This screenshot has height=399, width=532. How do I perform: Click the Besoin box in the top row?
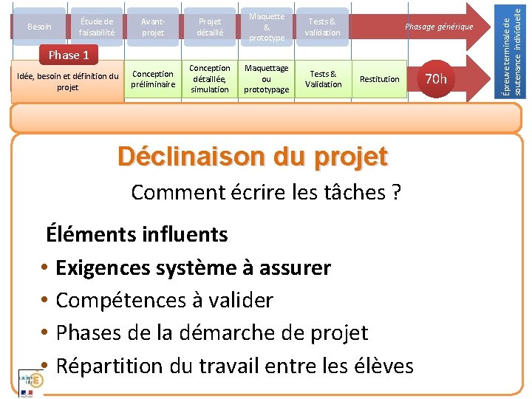38,27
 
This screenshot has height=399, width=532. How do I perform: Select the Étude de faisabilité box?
97,27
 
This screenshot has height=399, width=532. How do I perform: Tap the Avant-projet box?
153,27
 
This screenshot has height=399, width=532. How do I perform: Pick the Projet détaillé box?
209,27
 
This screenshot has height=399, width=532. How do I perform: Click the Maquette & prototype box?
266,27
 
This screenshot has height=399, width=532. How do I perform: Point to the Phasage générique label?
439,27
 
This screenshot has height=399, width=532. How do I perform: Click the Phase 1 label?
68,55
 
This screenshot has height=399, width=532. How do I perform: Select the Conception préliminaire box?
153,79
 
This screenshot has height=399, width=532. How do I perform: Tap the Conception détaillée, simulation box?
209,79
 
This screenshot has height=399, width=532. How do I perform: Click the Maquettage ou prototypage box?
266,79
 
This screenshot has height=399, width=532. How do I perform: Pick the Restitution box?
379,79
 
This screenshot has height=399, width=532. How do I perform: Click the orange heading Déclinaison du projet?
252,157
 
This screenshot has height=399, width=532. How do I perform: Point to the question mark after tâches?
397,193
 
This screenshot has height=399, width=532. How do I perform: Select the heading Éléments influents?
137,235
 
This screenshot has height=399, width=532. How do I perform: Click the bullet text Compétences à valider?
164,300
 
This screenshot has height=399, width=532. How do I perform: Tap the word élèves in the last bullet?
382,365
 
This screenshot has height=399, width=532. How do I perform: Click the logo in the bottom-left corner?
31,381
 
